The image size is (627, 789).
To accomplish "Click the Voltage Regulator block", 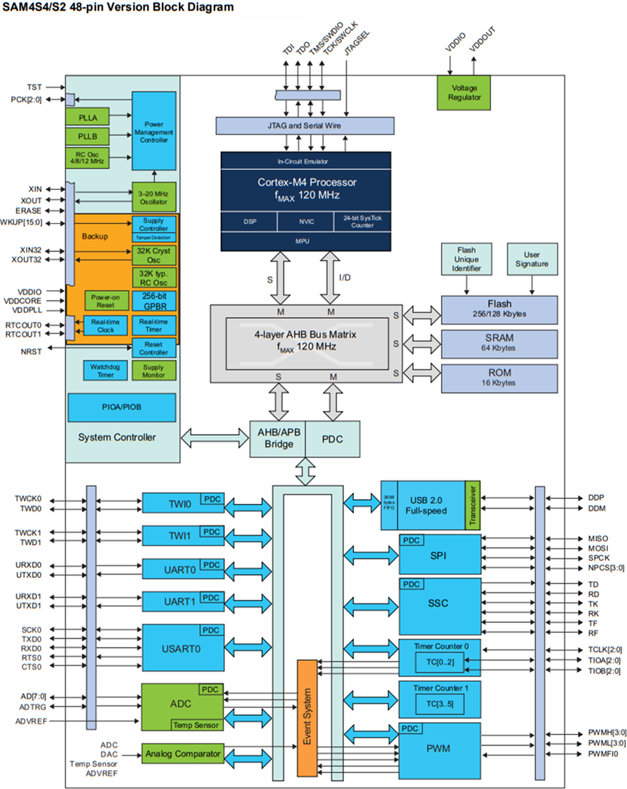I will tap(464, 93).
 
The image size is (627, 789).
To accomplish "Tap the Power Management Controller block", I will tap(154, 132).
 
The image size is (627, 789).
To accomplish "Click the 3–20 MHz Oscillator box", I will tap(154, 197).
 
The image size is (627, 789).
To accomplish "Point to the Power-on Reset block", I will tap(105, 300).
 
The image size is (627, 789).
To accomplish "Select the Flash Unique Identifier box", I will tap(467, 259).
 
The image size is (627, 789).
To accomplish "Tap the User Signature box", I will tap(532, 259).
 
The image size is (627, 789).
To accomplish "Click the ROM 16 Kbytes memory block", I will tap(499, 377).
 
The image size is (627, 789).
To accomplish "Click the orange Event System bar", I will tap(307, 717).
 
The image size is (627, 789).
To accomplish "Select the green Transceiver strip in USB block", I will tap(472, 505).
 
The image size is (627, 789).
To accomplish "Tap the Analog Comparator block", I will tap(182, 753).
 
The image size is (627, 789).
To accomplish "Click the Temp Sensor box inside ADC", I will tap(196, 725).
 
